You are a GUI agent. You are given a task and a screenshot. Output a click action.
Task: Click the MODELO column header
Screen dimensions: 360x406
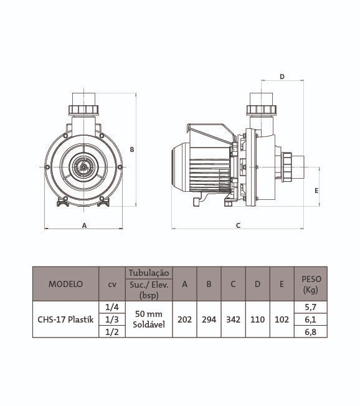pyautogui.click(x=65, y=284)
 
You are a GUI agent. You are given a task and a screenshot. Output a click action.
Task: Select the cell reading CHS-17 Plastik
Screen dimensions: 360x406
pyautogui.click(x=65, y=319)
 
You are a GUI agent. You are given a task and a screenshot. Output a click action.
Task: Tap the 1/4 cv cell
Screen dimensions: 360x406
pyautogui.click(x=112, y=307)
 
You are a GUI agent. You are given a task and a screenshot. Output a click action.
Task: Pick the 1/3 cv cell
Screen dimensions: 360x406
pyautogui.click(x=112, y=319)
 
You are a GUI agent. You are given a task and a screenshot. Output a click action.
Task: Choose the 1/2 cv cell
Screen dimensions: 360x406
pyautogui.click(x=112, y=332)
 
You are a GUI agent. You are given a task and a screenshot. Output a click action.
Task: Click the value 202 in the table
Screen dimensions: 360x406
pyautogui.click(x=184, y=319)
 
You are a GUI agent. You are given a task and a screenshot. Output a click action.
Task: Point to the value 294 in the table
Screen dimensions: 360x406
pyautogui.click(x=209, y=319)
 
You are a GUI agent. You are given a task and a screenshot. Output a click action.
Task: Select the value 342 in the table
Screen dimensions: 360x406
pyautogui.click(x=233, y=319)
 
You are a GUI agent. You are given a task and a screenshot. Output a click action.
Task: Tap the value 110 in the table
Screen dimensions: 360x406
pyautogui.click(x=257, y=319)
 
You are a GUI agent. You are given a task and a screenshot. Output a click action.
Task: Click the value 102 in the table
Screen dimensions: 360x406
pyautogui.click(x=282, y=319)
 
